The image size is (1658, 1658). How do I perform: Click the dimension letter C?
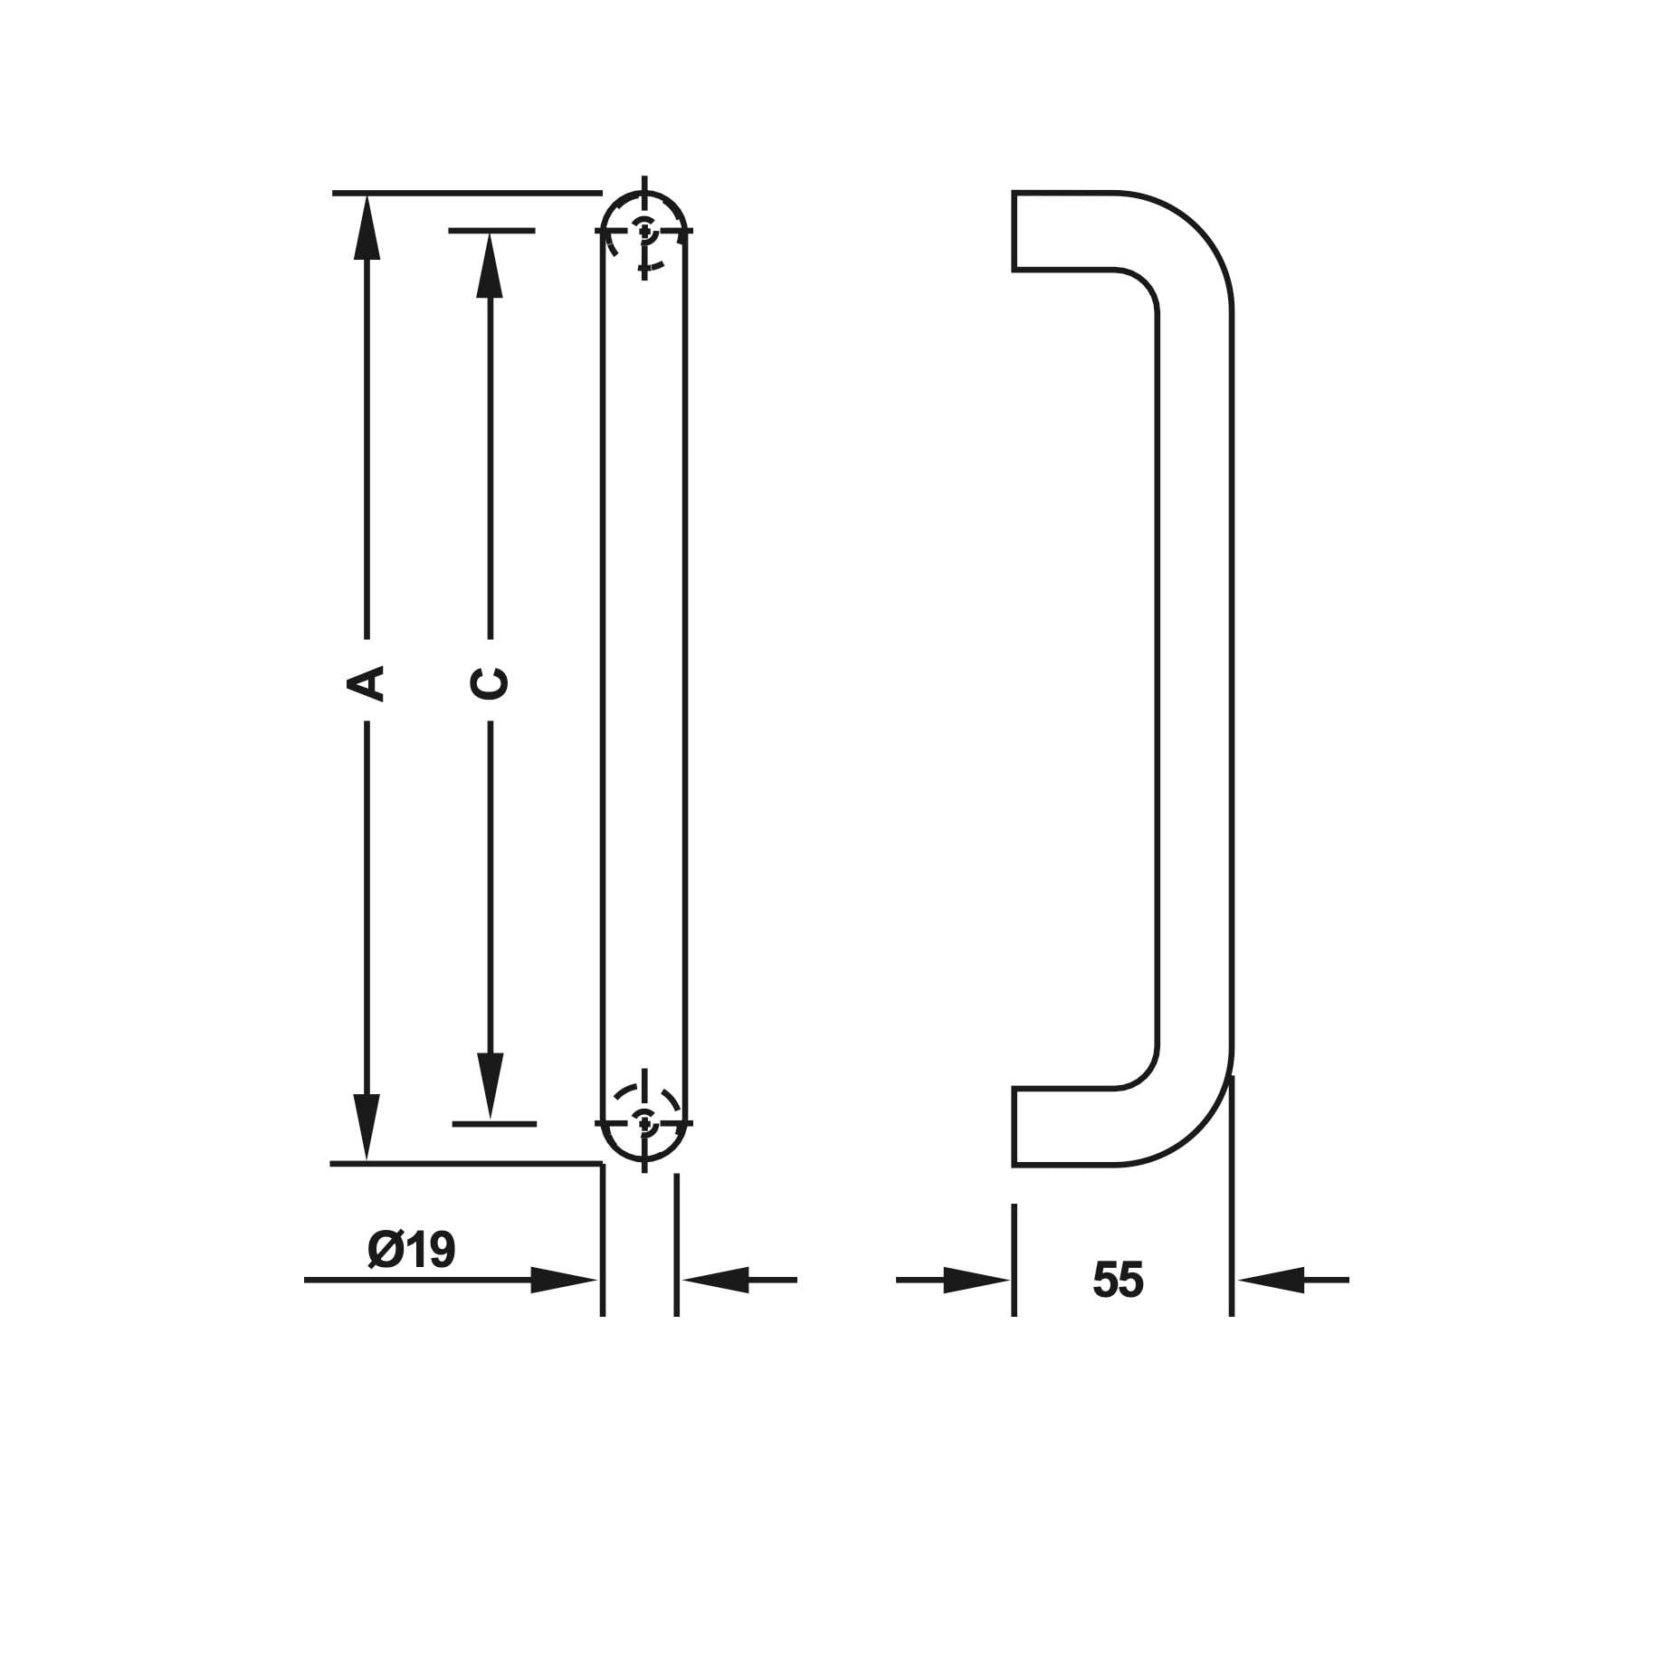[491, 683]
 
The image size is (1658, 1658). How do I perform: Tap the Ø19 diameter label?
[412, 1250]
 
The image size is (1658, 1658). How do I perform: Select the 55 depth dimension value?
[1118, 1280]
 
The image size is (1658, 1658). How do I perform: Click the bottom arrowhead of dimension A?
[367, 1127]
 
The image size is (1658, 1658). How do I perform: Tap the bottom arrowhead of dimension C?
[491, 1087]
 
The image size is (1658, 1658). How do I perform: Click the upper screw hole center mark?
[644, 231]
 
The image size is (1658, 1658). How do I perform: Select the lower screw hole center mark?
[644, 1123]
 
